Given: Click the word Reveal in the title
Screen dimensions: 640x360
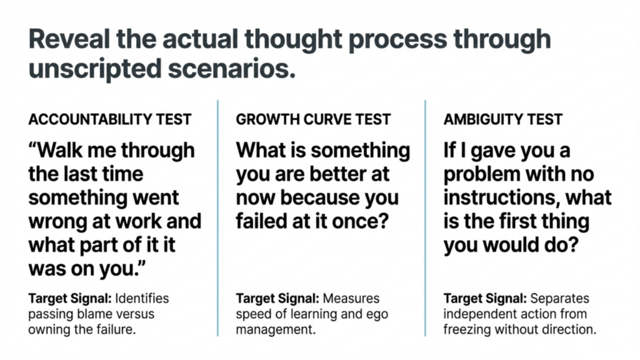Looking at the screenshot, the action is (69, 39).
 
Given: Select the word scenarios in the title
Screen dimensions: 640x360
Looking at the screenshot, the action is (231, 69).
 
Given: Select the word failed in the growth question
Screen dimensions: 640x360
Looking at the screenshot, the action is (261, 221).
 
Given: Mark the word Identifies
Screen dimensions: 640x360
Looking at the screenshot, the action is (142, 298).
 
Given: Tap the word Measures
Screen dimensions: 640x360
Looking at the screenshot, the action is (351, 298).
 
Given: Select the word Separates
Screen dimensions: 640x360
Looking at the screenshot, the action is (559, 299).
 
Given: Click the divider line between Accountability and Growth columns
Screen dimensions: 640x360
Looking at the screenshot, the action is (218, 218).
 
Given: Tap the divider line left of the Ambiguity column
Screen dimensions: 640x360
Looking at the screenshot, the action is (425, 218).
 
